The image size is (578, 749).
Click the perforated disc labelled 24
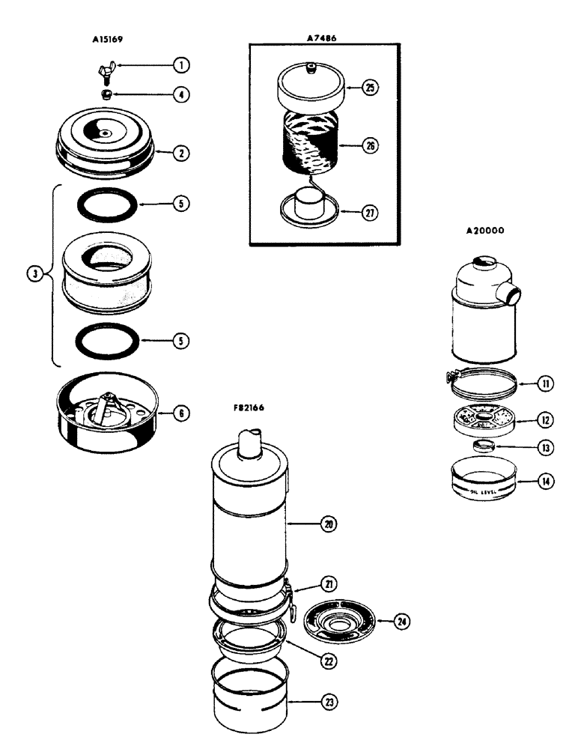point(341,622)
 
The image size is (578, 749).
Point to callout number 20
point(328,524)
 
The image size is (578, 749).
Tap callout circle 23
point(328,702)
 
